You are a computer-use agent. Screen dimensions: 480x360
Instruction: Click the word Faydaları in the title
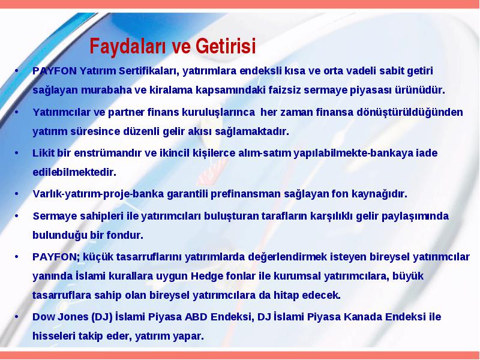coord(127,47)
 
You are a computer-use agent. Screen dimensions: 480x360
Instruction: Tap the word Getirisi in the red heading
coord(226,46)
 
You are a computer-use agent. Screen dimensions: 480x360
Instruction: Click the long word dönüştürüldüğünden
coord(410,112)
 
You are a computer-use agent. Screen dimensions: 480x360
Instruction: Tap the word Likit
coord(43,153)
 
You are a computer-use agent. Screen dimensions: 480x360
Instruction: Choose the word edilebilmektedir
coord(74,172)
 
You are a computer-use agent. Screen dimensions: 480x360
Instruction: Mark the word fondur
coord(125,235)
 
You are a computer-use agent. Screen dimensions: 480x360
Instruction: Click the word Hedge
coord(206,277)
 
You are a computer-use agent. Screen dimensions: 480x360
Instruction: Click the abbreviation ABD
coord(196,317)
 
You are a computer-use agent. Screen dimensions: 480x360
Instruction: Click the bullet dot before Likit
coord(17,152)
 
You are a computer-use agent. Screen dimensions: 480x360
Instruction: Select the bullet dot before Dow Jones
coord(17,316)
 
